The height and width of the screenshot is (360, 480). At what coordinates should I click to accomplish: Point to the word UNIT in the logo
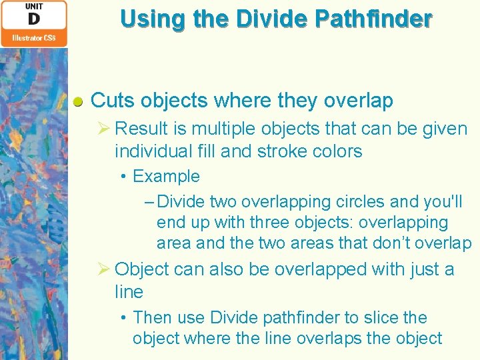(x=33, y=6)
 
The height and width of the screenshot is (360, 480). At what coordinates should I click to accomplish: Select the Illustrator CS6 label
(x=33, y=39)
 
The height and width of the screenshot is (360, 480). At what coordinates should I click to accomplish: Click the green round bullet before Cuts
(x=78, y=102)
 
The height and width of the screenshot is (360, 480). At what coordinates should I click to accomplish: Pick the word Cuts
(x=111, y=101)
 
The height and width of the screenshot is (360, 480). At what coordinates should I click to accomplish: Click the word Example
(x=166, y=177)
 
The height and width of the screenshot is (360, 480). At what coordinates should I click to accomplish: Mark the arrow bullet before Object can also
(x=103, y=269)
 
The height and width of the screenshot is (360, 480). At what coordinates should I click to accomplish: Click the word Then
(x=152, y=318)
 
